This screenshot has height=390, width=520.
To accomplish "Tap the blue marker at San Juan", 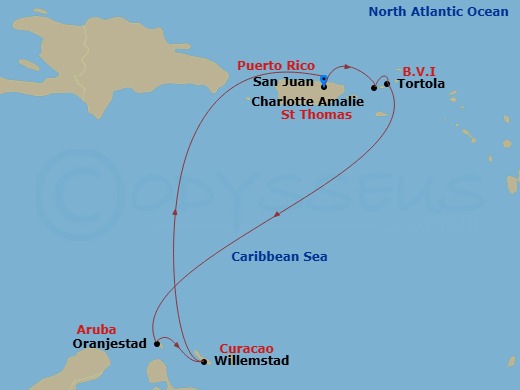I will [x=324, y=78].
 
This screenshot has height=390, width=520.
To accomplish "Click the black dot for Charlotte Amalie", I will [x=373, y=88].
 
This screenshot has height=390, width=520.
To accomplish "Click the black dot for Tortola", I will [x=387, y=84].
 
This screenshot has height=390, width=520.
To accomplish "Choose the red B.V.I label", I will [x=417, y=71].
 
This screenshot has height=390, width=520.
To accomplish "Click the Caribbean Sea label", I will [x=279, y=257].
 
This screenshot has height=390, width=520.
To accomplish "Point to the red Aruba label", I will [x=96, y=329].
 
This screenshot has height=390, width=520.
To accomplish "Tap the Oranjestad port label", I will [x=110, y=344].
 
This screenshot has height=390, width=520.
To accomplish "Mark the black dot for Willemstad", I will [x=204, y=361].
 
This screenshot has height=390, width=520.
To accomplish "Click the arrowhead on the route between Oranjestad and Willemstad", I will [x=177, y=346].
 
